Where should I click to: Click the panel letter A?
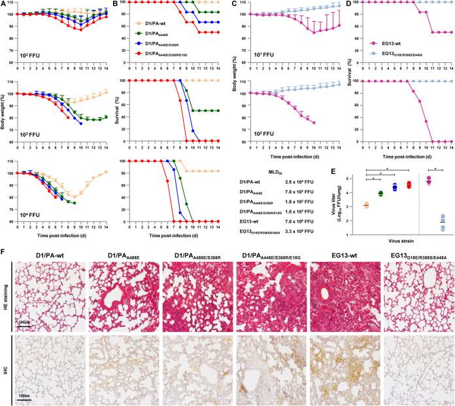(4, 4)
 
